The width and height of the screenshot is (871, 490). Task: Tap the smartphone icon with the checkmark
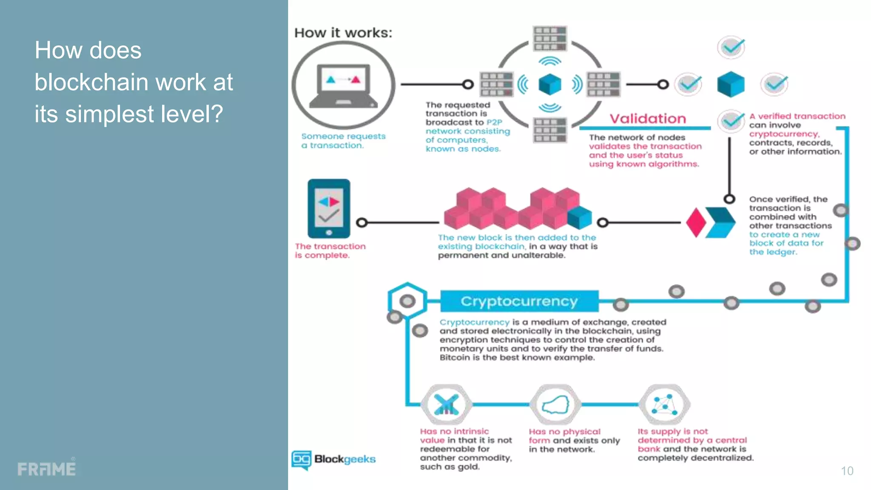[329, 208]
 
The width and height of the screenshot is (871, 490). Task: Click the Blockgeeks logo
[334, 460]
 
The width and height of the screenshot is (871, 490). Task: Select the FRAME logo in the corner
[47, 469]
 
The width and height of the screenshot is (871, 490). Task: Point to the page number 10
[847, 471]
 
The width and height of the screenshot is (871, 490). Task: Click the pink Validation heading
[648, 119]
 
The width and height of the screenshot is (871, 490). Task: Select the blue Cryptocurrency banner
[519, 301]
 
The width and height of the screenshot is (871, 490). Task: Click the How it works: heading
[343, 33]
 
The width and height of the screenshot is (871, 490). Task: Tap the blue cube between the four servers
[549, 84]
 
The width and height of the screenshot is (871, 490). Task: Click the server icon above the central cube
[550, 38]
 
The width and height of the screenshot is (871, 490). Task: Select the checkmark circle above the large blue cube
[731, 47]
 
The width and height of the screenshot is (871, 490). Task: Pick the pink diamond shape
[696, 222]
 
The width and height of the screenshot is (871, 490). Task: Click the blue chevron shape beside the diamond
[720, 222]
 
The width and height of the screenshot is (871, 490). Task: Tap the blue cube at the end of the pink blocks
[579, 218]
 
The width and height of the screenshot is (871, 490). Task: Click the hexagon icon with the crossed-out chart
[446, 405]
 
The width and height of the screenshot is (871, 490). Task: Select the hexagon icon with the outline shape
[555, 405]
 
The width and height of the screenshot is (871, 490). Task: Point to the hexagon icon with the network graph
[664, 405]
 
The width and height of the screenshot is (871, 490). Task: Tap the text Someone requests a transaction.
[343, 141]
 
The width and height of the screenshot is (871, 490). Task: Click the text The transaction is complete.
[330, 251]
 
